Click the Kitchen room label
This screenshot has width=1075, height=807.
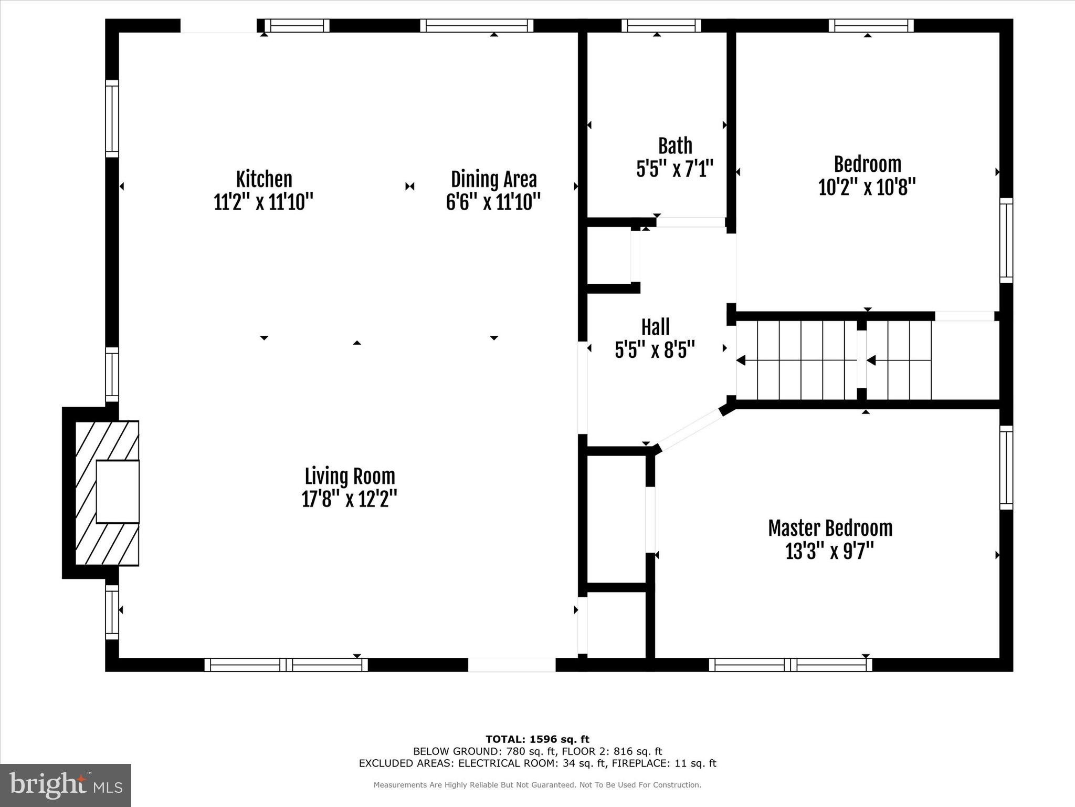(264, 179)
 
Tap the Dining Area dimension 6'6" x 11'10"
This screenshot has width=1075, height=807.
(493, 202)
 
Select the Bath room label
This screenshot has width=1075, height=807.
(675, 146)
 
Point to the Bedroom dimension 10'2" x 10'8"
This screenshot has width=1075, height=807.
(867, 187)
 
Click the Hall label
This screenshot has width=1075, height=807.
(655, 327)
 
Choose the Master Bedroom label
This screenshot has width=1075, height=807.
(830, 528)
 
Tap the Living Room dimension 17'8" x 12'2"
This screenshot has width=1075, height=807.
(349, 499)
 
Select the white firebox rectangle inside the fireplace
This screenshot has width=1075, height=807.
(118, 491)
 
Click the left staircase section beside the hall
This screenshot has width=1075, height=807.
(797, 360)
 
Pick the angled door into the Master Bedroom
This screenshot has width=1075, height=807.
(690, 430)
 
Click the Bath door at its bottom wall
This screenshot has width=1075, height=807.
(690, 222)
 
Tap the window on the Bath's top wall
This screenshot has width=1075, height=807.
(661, 26)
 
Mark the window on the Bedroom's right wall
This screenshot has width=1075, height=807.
(1006, 241)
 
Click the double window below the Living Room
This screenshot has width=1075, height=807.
(286, 665)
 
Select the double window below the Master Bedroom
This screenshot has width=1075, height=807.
(791, 665)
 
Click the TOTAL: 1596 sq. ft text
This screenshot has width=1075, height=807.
(537, 739)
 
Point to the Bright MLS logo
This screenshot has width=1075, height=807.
(66, 785)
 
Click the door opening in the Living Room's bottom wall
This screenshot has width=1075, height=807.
(511, 665)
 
